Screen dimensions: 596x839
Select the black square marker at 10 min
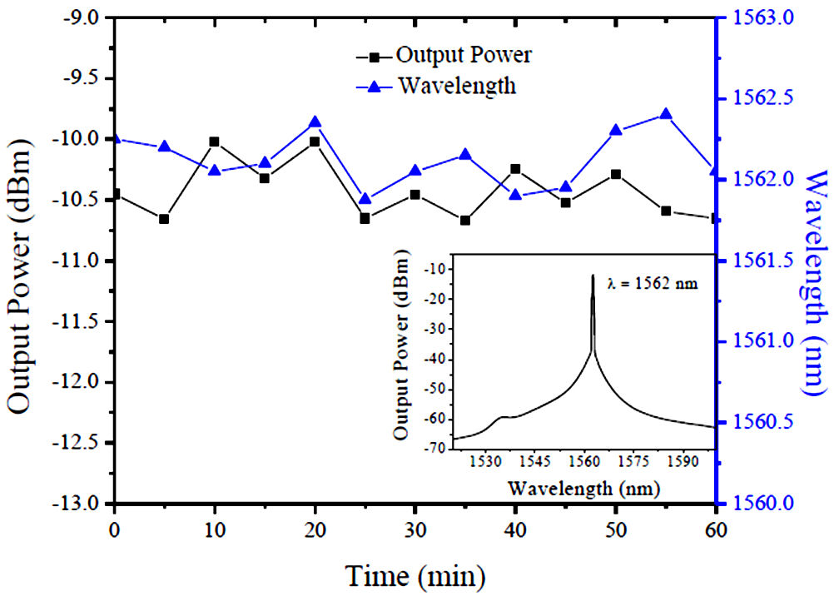point(215,142)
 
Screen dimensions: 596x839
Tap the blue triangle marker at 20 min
point(315,122)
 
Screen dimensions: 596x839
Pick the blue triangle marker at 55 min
point(666,114)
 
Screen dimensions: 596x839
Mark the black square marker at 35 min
point(465,221)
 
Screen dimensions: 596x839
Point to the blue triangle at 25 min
point(365,199)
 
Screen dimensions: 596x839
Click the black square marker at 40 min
point(516,169)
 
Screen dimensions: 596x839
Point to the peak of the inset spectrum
point(593,276)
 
